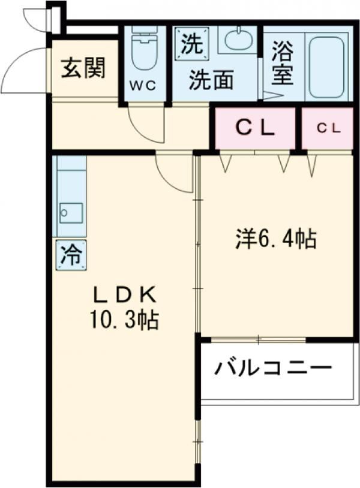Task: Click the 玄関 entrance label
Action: coord(83,68)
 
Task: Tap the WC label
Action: coord(143,86)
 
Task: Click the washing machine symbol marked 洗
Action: coord(191,43)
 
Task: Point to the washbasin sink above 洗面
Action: coord(239,40)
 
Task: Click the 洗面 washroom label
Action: coord(211,80)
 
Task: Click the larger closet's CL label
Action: coord(255,128)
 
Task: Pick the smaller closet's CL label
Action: coord(329,128)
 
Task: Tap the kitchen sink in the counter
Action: coord(71,213)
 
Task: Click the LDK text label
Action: coord(125,295)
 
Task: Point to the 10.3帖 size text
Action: coord(125,320)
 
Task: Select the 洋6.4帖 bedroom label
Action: coord(275,239)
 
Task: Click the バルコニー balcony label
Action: coord(273,369)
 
